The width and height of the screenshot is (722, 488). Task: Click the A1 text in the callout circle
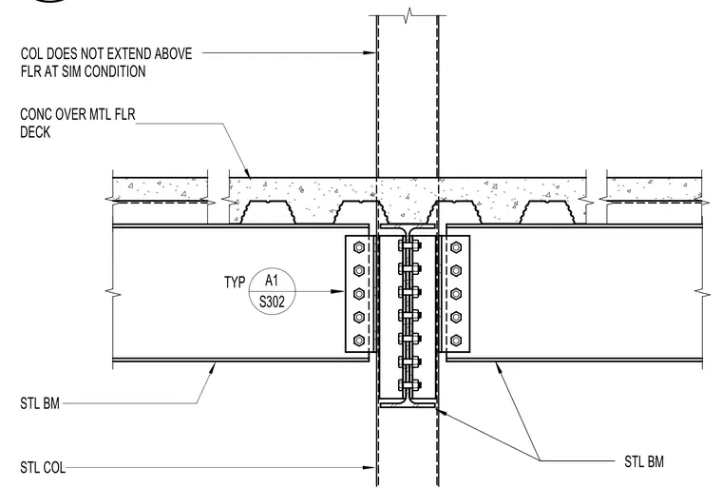click(x=272, y=281)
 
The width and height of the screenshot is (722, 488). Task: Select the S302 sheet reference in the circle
click(x=272, y=303)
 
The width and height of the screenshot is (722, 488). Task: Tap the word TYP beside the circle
click(x=235, y=282)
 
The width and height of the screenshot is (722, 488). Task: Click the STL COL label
click(x=43, y=467)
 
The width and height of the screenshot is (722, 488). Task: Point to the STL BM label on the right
click(x=644, y=461)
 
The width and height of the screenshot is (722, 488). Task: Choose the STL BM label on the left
click(x=40, y=403)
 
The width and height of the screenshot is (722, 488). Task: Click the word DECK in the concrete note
click(x=35, y=132)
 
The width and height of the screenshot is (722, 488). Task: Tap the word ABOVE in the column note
click(x=173, y=53)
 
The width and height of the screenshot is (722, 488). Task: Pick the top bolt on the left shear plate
click(x=359, y=247)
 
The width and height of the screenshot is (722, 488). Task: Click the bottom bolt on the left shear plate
click(x=359, y=341)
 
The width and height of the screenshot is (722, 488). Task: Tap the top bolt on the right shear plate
click(x=456, y=247)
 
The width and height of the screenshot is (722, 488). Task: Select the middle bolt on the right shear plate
click(x=456, y=294)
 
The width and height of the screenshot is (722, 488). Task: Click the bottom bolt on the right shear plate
click(x=456, y=341)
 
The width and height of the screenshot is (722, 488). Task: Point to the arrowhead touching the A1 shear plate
click(x=337, y=291)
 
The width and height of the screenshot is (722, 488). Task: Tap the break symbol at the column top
click(x=408, y=14)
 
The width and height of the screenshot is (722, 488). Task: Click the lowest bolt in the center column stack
click(x=408, y=384)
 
